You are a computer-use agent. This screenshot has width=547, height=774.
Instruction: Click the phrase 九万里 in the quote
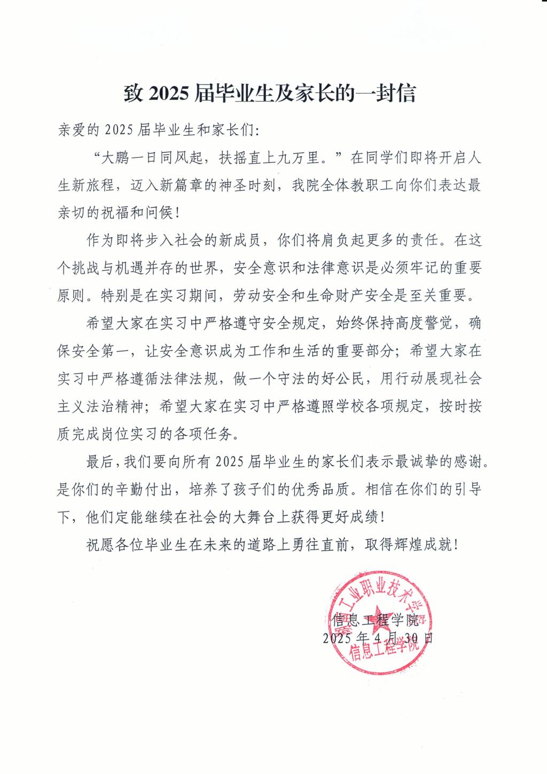(x=304, y=158)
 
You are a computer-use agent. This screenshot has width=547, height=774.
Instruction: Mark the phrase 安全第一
(x=101, y=351)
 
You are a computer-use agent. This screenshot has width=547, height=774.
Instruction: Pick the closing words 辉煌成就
(x=422, y=545)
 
